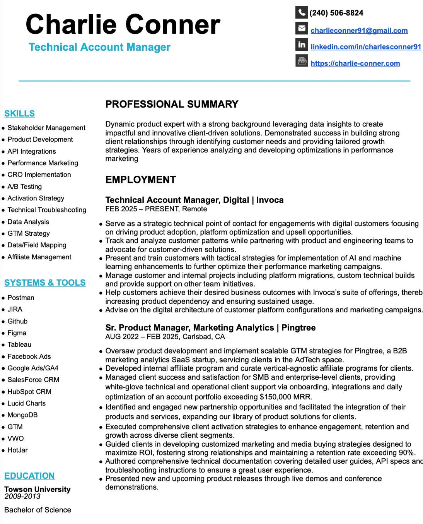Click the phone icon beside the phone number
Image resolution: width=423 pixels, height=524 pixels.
click(x=302, y=12)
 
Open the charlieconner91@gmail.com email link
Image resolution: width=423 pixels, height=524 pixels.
click(x=359, y=31)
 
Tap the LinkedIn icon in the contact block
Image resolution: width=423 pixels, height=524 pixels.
click(x=302, y=45)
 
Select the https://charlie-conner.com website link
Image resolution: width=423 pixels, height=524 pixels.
click(x=355, y=63)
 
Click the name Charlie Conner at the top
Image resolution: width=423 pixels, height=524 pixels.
click(x=123, y=24)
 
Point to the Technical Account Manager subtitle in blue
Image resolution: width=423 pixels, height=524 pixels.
click(x=99, y=47)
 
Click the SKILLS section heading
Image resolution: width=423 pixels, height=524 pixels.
click(x=19, y=114)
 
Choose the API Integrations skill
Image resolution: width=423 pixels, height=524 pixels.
click(x=32, y=151)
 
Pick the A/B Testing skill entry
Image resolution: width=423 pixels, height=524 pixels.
click(x=25, y=187)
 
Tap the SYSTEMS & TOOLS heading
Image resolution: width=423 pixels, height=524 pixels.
click(x=45, y=283)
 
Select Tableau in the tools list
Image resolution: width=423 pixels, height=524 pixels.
click(x=19, y=344)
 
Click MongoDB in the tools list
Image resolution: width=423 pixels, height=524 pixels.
click(x=22, y=415)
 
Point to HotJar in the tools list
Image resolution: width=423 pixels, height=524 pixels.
click(x=17, y=450)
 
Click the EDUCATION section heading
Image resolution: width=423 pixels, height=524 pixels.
click(x=29, y=476)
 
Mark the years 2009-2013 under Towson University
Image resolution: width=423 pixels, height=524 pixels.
click(x=22, y=497)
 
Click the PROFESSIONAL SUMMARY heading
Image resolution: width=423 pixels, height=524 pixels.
click(x=172, y=104)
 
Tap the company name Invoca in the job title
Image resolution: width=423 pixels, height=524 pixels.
click(x=270, y=200)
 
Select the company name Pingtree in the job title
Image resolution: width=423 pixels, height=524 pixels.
click(x=298, y=328)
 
